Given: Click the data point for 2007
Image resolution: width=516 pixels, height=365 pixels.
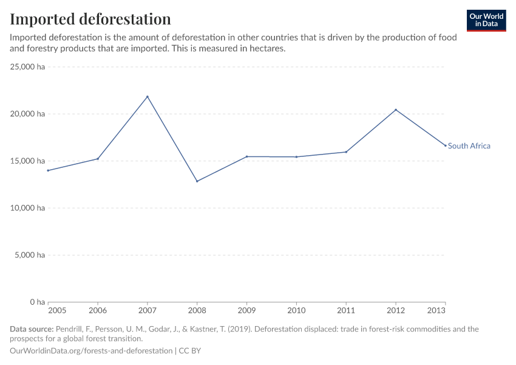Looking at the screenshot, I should (x=148, y=97).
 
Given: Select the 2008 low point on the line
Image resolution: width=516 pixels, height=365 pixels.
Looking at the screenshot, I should (x=197, y=181).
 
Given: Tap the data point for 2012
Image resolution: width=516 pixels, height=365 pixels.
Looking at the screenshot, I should (x=396, y=110).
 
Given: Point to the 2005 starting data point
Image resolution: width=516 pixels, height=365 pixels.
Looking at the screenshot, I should (x=49, y=170).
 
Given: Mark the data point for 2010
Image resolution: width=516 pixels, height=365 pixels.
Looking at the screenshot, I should (x=296, y=157).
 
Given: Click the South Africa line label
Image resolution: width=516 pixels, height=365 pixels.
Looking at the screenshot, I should (x=469, y=146).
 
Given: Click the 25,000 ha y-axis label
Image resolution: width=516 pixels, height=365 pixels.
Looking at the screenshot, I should (x=28, y=67).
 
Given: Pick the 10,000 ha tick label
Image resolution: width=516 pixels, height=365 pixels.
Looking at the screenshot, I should (x=28, y=208).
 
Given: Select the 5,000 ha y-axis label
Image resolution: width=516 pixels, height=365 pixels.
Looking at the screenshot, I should (x=30, y=255).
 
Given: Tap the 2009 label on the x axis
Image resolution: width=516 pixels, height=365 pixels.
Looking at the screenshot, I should (x=246, y=310).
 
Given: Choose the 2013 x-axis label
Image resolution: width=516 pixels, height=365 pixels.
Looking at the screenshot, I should (x=444, y=310).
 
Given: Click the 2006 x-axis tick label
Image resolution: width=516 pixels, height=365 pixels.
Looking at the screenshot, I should (x=98, y=310).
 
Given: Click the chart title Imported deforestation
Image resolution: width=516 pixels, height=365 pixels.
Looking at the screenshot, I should (x=90, y=19).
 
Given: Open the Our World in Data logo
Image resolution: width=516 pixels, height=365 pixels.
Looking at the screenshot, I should (x=486, y=20).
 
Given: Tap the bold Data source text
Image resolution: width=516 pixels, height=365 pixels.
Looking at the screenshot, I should (x=32, y=329).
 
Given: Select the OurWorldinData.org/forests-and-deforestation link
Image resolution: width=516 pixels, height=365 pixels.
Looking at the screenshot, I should (x=91, y=351).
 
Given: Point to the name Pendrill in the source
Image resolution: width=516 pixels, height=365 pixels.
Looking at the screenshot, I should (x=72, y=329).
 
